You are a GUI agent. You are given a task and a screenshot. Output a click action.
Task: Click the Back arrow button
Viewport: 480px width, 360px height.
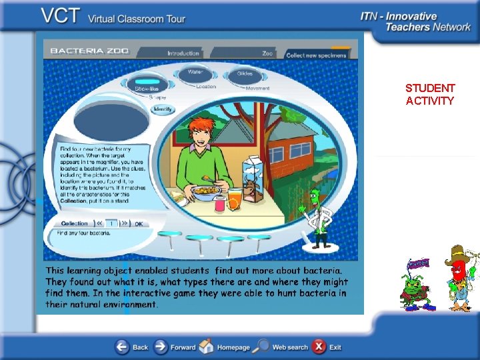click(x=122, y=347)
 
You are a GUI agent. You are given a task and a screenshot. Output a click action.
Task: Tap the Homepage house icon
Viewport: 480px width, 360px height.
click(x=207, y=347)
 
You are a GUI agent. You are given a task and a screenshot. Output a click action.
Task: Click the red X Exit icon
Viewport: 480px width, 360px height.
click(x=319, y=347)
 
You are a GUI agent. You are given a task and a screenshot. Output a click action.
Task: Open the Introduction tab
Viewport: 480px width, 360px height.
click(x=183, y=53)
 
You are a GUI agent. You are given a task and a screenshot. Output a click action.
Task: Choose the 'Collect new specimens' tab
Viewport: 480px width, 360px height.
click(x=317, y=55)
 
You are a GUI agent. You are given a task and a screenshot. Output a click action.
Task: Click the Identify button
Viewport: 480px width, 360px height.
click(x=163, y=109)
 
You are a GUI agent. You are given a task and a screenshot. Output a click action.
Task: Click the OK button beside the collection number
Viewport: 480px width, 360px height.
click(x=139, y=224)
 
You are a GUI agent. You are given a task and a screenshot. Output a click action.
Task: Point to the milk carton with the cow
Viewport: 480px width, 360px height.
click(x=251, y=179)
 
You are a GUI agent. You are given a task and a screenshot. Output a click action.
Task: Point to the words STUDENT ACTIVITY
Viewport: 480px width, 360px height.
click(x=430, y=94)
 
